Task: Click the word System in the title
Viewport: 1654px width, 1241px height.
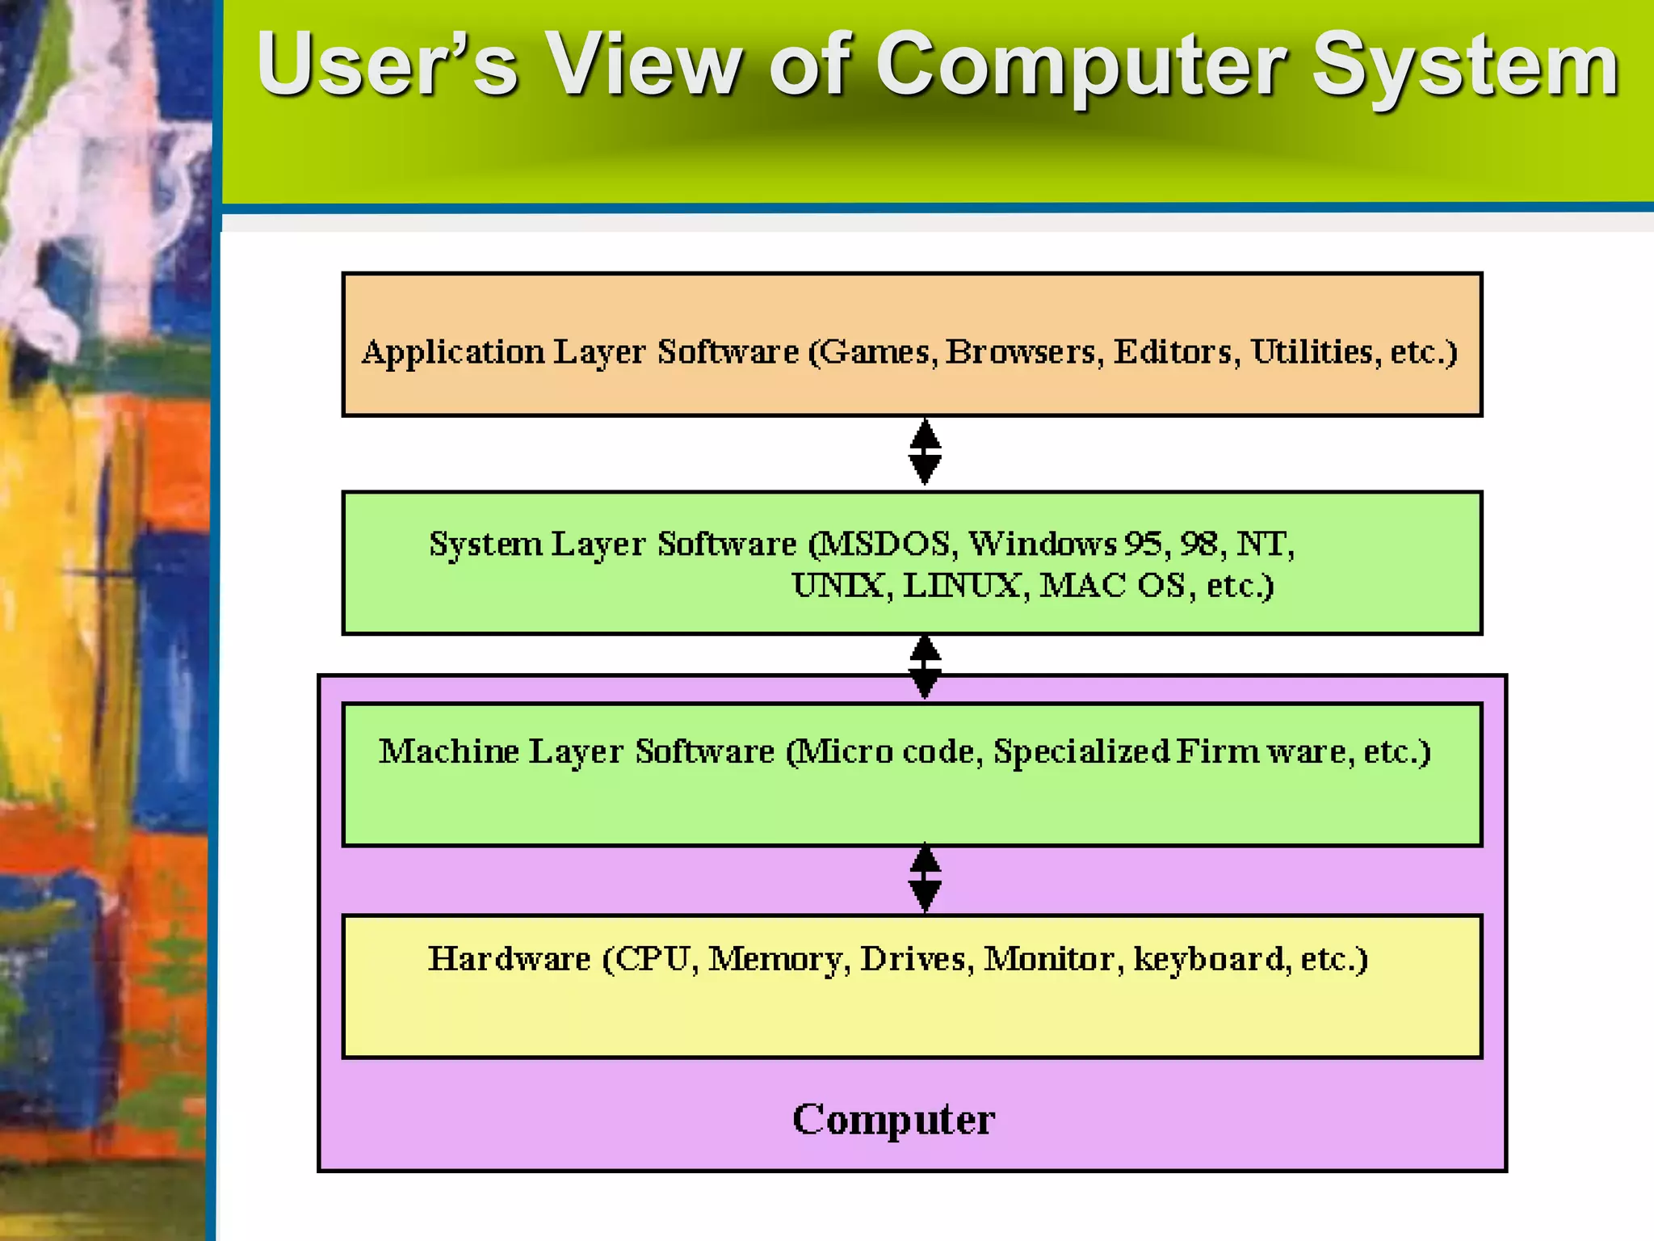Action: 1464,66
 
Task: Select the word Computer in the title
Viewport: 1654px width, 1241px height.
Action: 1081,66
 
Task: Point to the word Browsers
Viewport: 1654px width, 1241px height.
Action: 1021,352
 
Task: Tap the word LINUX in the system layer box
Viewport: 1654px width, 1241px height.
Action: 961,586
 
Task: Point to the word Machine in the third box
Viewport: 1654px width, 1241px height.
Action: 448,752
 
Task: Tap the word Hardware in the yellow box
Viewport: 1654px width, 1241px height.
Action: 509,960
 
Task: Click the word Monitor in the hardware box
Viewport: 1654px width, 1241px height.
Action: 1049,960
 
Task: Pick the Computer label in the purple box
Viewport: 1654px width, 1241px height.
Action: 893,1120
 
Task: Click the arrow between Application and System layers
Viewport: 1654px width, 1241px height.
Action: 925,452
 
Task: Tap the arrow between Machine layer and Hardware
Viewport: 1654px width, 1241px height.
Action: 925,879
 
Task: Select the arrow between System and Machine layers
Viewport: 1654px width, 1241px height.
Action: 925,667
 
